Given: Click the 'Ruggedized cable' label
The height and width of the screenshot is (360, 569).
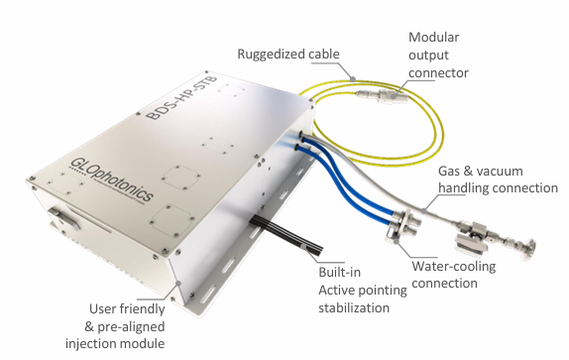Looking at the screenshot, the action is tap(288, 55).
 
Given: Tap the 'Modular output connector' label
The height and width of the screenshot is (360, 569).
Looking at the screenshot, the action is tap(438, 55).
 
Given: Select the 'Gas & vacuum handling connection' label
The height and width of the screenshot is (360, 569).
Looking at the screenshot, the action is tap(498, 180).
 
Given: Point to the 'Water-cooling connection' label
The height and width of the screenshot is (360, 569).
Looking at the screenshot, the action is tap(454, 275).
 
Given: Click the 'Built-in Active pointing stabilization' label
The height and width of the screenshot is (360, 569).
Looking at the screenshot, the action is tap(363, 290).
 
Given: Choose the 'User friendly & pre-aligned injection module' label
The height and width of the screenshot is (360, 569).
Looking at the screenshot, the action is tap(115, 326).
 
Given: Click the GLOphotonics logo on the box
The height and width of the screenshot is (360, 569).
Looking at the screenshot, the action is tap(112, 180).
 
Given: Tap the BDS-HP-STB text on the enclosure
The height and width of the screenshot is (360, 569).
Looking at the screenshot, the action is tap(181, 97).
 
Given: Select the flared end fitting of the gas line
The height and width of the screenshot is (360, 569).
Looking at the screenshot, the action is tap(527, 249).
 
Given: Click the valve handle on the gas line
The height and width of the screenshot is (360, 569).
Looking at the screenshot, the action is tap(469, 244).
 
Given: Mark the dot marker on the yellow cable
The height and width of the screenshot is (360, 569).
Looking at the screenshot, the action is tap(352, 78).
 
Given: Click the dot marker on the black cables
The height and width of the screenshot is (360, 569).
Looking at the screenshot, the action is tap(304, 246).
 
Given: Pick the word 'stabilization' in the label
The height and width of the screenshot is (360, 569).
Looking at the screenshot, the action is tap(354, 307).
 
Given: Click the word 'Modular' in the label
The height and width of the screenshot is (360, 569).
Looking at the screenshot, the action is tap(433, 37).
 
